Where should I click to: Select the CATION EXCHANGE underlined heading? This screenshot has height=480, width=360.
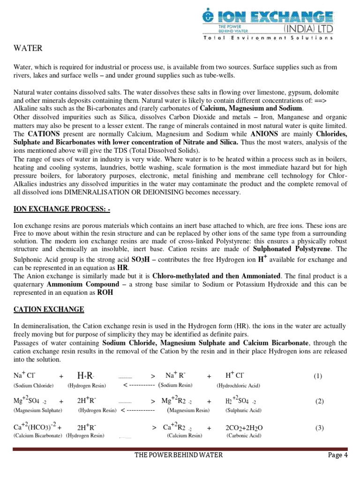[x=49, y=309]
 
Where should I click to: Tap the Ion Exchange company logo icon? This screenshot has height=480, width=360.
[x=207, y=16]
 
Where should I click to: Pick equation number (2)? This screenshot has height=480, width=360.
[x=320, y=401]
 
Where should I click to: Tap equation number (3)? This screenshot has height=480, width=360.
[x=320, y=427]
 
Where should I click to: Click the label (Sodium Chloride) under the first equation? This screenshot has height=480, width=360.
[x=33, y=385]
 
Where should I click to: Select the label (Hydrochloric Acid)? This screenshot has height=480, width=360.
[x=238, y=385]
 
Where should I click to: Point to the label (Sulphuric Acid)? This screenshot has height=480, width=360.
[x=243, y=410]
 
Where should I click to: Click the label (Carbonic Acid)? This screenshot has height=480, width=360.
[x=244, y=435]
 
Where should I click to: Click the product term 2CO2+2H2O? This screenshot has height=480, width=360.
[x=244, y=427]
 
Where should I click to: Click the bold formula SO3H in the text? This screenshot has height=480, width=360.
[x=142, y=259]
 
